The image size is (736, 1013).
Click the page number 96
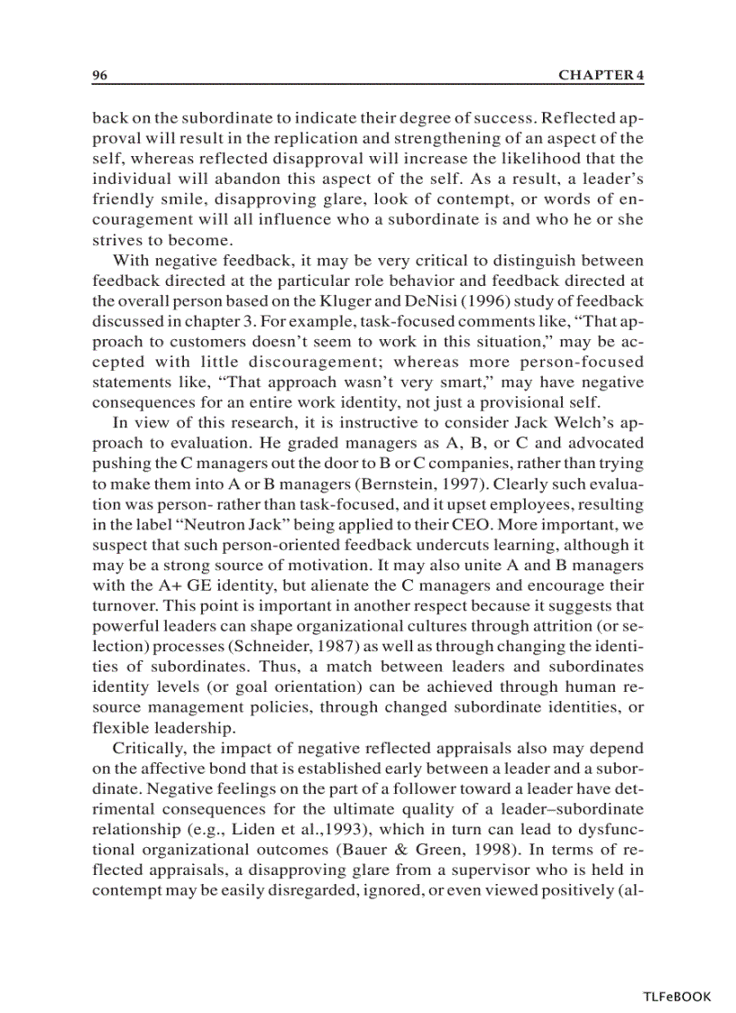click(x=100, y=76)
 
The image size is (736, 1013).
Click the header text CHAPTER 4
click(x=601, y=76)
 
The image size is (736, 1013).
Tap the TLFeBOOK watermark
click(x=676, y=997)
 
